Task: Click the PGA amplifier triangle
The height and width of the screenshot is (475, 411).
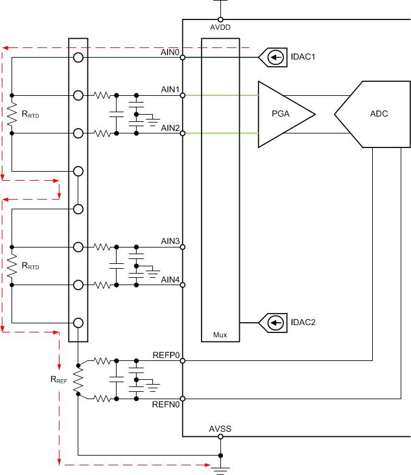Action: click(x=282, y=114)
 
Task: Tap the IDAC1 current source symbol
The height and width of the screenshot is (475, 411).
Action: click(x=276, y=58)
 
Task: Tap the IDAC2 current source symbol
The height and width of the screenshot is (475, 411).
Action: click(x=276, y=323)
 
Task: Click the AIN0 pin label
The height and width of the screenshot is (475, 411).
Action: click(x=170, y=52)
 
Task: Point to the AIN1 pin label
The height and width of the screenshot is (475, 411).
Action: click(x=170, y=89)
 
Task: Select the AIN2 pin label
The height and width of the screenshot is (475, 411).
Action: click(x=170, y=127)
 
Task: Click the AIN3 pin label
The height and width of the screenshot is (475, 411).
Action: click(x=170, y=241)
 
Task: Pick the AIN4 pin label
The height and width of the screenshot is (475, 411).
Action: click(x=170, y=279)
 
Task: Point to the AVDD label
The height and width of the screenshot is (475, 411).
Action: click(x=220, y=27)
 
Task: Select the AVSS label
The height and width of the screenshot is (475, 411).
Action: click(x=220, y=429)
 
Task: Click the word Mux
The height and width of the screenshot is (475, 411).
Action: click(x=220, y=334)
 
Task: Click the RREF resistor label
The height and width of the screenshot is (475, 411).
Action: click(x=59, y=380)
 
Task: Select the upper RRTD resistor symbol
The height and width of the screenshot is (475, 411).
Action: click(x=11, y=114)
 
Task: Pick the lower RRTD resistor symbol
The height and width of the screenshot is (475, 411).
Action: click(x=11, y=266)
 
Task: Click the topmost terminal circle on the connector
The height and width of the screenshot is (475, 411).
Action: click(x=78, y=58)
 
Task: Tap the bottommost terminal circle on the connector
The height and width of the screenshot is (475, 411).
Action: click(x=78, y=323)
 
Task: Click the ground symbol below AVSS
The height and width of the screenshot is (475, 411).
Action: click(x=220, y=468)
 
